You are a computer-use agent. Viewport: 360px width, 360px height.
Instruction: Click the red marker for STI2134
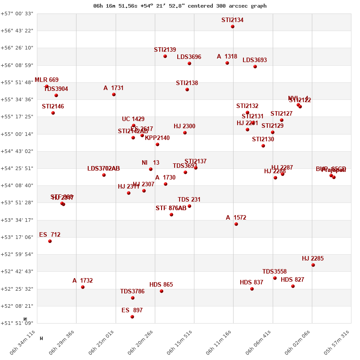[233, 27]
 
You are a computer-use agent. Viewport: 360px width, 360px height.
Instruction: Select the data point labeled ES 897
[132, 317]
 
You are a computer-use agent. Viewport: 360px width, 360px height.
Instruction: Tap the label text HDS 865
[161, 285]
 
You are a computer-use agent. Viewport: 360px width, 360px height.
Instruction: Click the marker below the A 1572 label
[236, 224]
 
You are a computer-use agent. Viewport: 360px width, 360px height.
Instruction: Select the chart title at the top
[180, 6]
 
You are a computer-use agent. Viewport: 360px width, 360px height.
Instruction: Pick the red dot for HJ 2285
[313, 265]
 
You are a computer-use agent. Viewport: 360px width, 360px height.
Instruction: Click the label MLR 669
[46, 80]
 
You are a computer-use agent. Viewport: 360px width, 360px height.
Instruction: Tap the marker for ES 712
[50, 241]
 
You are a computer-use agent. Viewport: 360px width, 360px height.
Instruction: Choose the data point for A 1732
[83, 287]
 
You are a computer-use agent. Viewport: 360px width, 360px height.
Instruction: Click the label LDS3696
[189, 57]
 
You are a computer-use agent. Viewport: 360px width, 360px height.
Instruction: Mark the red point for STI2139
[165, 56]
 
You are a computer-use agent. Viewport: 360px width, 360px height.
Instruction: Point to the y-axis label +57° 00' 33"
[18, 13]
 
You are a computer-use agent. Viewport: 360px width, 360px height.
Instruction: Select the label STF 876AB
[171, 208]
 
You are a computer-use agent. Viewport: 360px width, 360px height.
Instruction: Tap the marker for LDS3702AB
[104, 175]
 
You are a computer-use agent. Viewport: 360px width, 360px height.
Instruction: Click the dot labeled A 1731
[114, 94]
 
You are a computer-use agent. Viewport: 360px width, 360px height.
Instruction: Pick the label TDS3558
[274, 272]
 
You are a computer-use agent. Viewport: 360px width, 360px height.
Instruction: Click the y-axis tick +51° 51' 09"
[18, 323]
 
